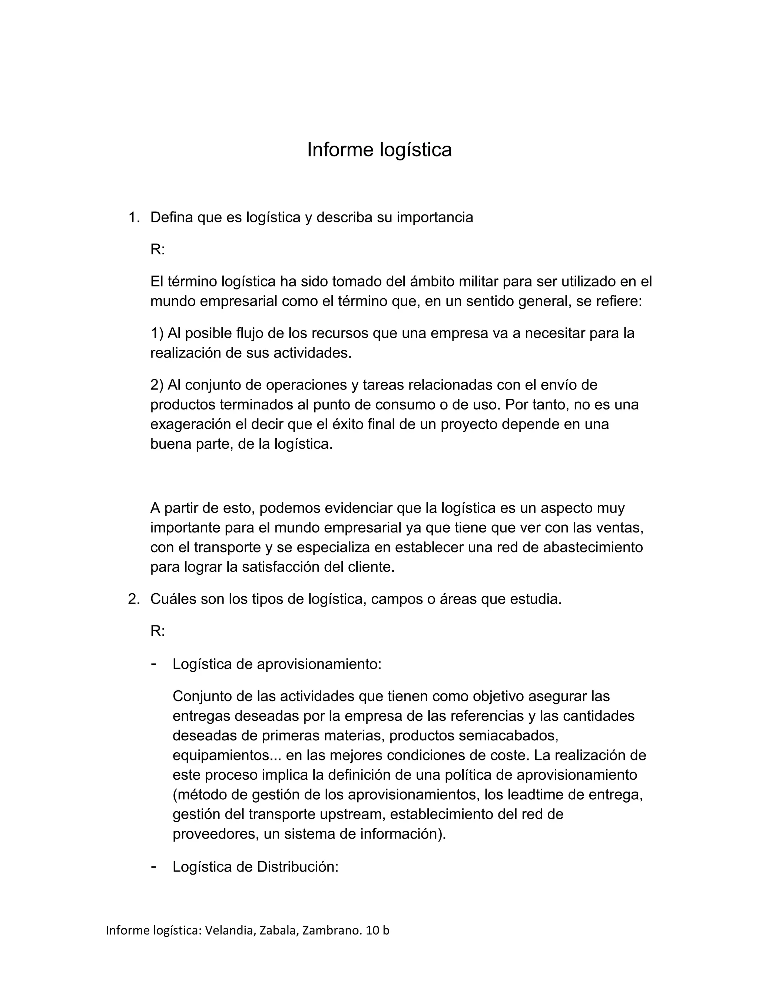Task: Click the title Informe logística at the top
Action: click(379, 150)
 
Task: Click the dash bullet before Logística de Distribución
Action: click(154, 866)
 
